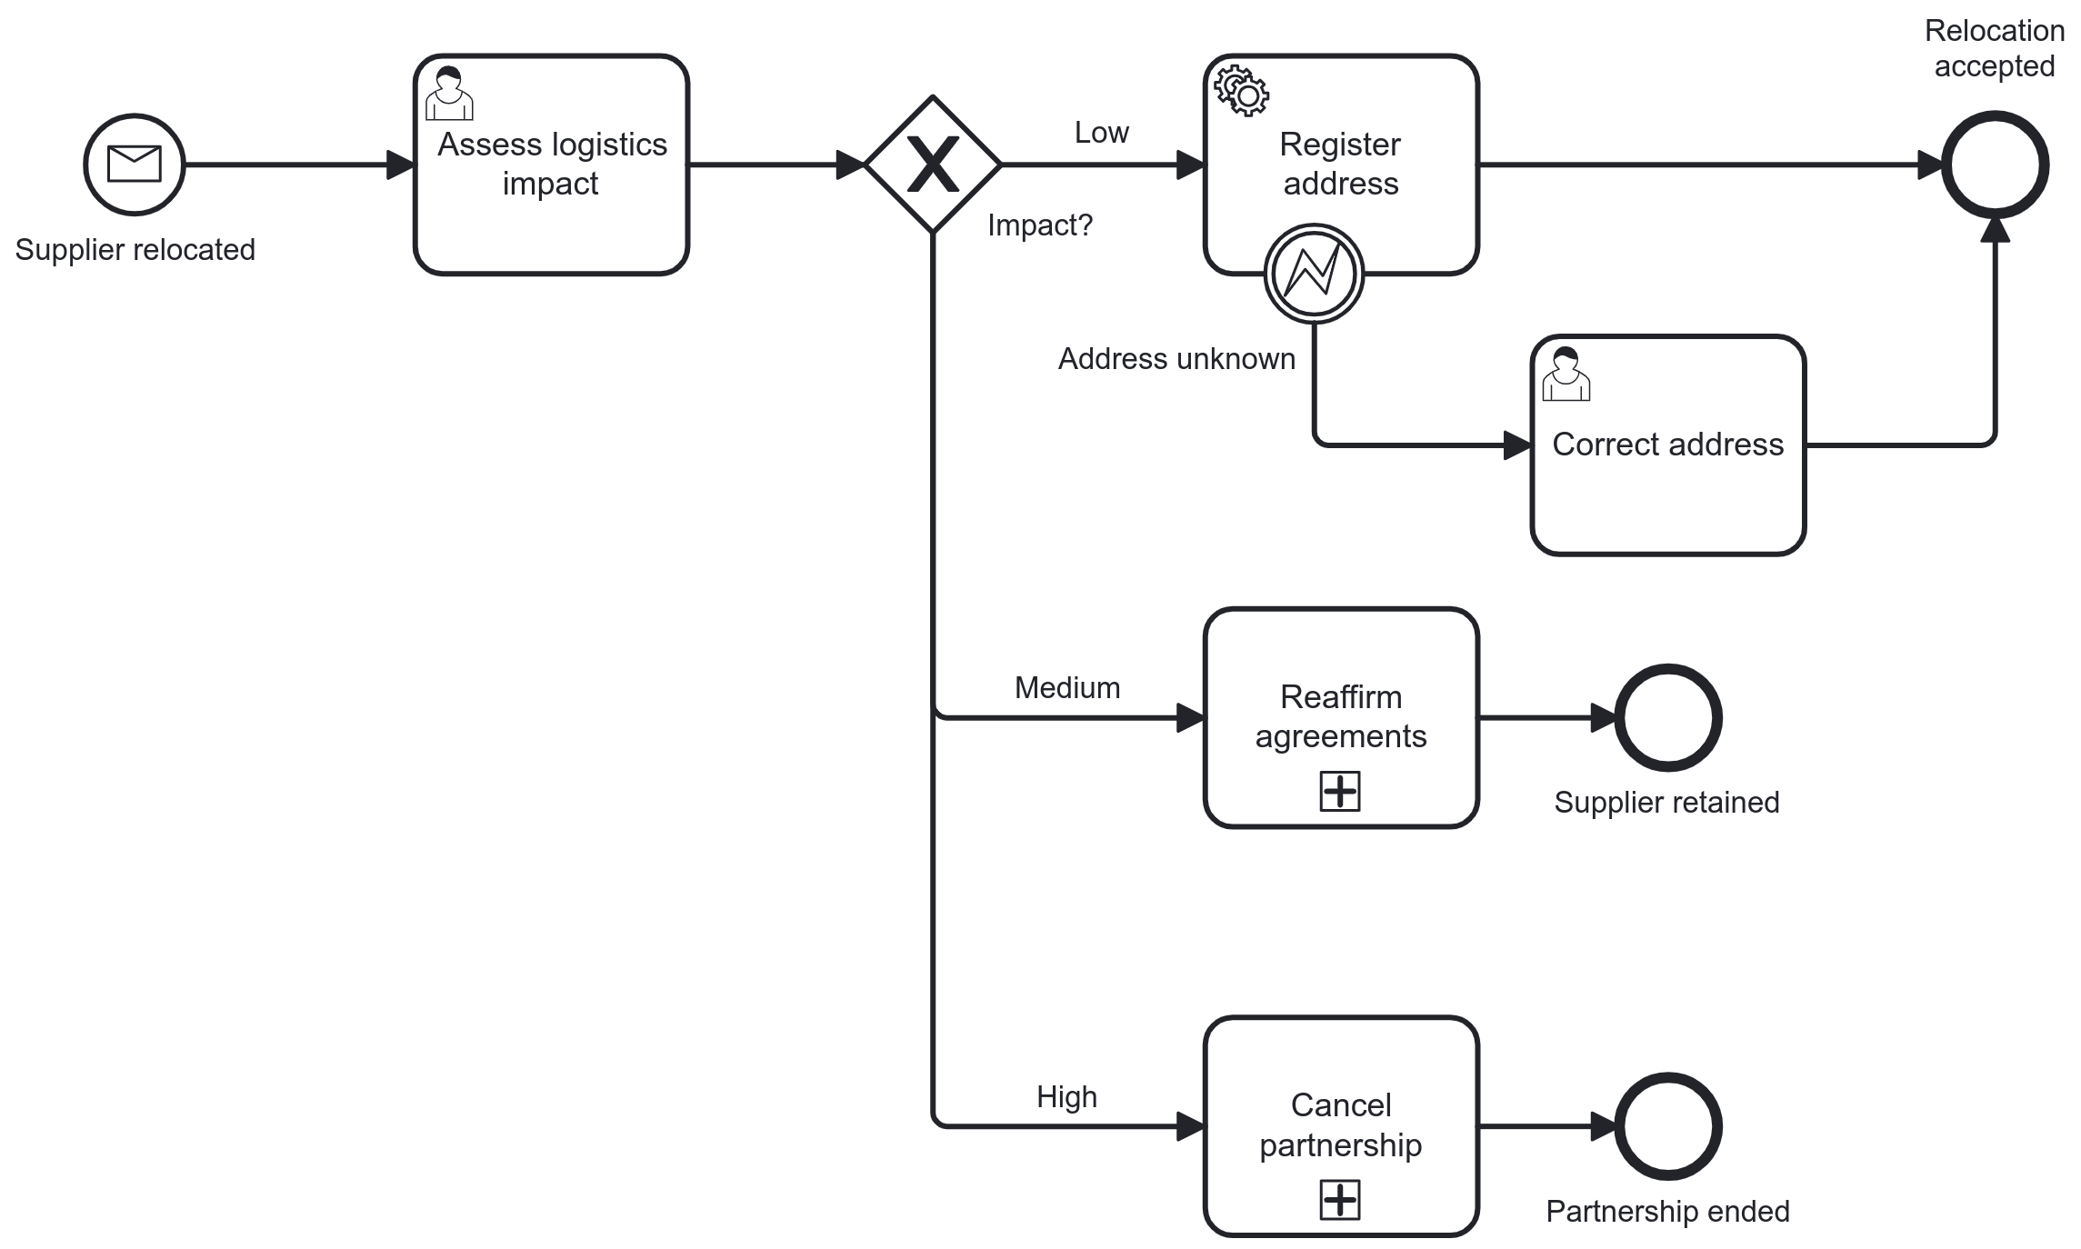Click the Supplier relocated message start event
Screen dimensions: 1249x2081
coord(135,165)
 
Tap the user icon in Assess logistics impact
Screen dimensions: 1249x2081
coord(449,94)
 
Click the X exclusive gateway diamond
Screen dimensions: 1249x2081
coord(933,165)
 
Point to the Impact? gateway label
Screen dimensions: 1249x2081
coord(1039,225)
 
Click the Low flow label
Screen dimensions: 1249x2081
coord(1101,133)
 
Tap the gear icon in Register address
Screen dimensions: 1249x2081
coord(1242,90)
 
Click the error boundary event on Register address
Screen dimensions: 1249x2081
coord(1314,274)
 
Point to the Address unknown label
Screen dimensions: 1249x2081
coord(1176,359)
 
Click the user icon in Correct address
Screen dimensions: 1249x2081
coord(1566,374)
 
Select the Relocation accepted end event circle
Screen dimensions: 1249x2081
coord(1995,165)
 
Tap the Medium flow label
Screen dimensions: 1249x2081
coord(1066,688)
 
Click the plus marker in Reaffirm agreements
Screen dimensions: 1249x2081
coord(1340,791)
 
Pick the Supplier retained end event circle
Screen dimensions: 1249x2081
coord(1667,718)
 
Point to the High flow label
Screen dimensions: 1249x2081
coord(1066,1097)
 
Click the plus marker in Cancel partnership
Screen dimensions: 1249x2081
coord(1340,1200)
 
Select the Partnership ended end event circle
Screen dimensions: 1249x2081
coord(1667,1126)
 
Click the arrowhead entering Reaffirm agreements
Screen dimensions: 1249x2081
coord(1190,718)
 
